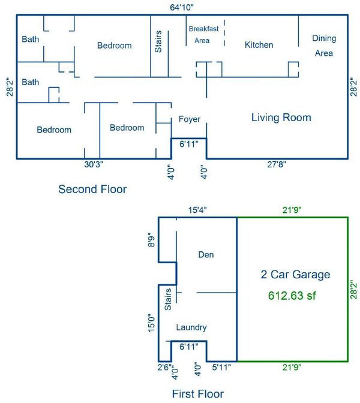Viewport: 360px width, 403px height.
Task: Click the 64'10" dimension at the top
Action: click(182, 7)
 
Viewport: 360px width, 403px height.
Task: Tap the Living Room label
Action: click(281, 118)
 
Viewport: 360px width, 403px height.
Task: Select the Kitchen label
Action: click(259, 45)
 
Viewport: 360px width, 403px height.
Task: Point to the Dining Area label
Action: click(324, 46)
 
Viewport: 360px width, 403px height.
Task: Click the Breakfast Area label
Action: click(203, 34)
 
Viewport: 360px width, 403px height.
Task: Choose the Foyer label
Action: click(190, 119)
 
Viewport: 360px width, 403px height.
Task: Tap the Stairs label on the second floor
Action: click(158, 41)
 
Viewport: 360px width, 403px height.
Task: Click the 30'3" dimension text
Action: click(94, 164)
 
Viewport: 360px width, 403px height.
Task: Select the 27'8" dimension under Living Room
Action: click(277, 164)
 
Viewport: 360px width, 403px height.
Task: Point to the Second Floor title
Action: click(92, 189)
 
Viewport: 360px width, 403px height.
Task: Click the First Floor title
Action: click(198, 394)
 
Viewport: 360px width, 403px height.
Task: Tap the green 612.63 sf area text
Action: click(292, 296)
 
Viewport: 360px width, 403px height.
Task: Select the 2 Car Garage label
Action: click(295, 275)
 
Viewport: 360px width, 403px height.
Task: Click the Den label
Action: click(206, 254)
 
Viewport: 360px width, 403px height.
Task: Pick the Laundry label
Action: click(191, 327)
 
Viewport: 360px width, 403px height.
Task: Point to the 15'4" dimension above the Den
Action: click(197, 210)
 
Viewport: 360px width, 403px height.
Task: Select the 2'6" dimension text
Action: click(164, 367)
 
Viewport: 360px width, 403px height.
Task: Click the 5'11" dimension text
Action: click(221, 367)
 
